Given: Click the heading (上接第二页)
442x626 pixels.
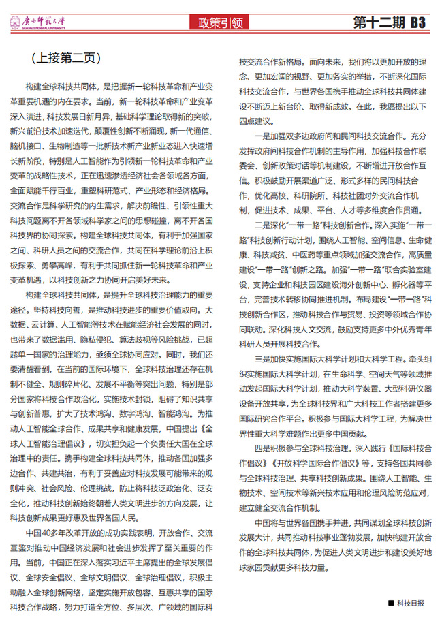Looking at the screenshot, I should (x=63, y=59).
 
